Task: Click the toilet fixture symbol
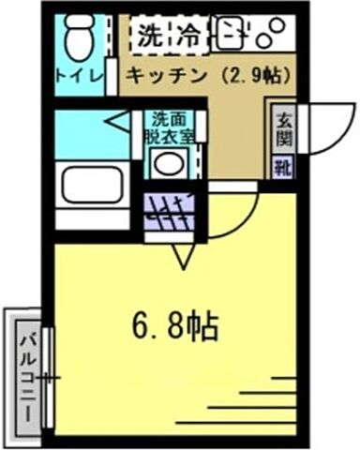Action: tap(76, 39)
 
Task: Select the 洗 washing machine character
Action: tap(149, 38)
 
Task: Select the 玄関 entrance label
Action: tap(281, 129)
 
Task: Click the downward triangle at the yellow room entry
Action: tap(183, 253)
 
